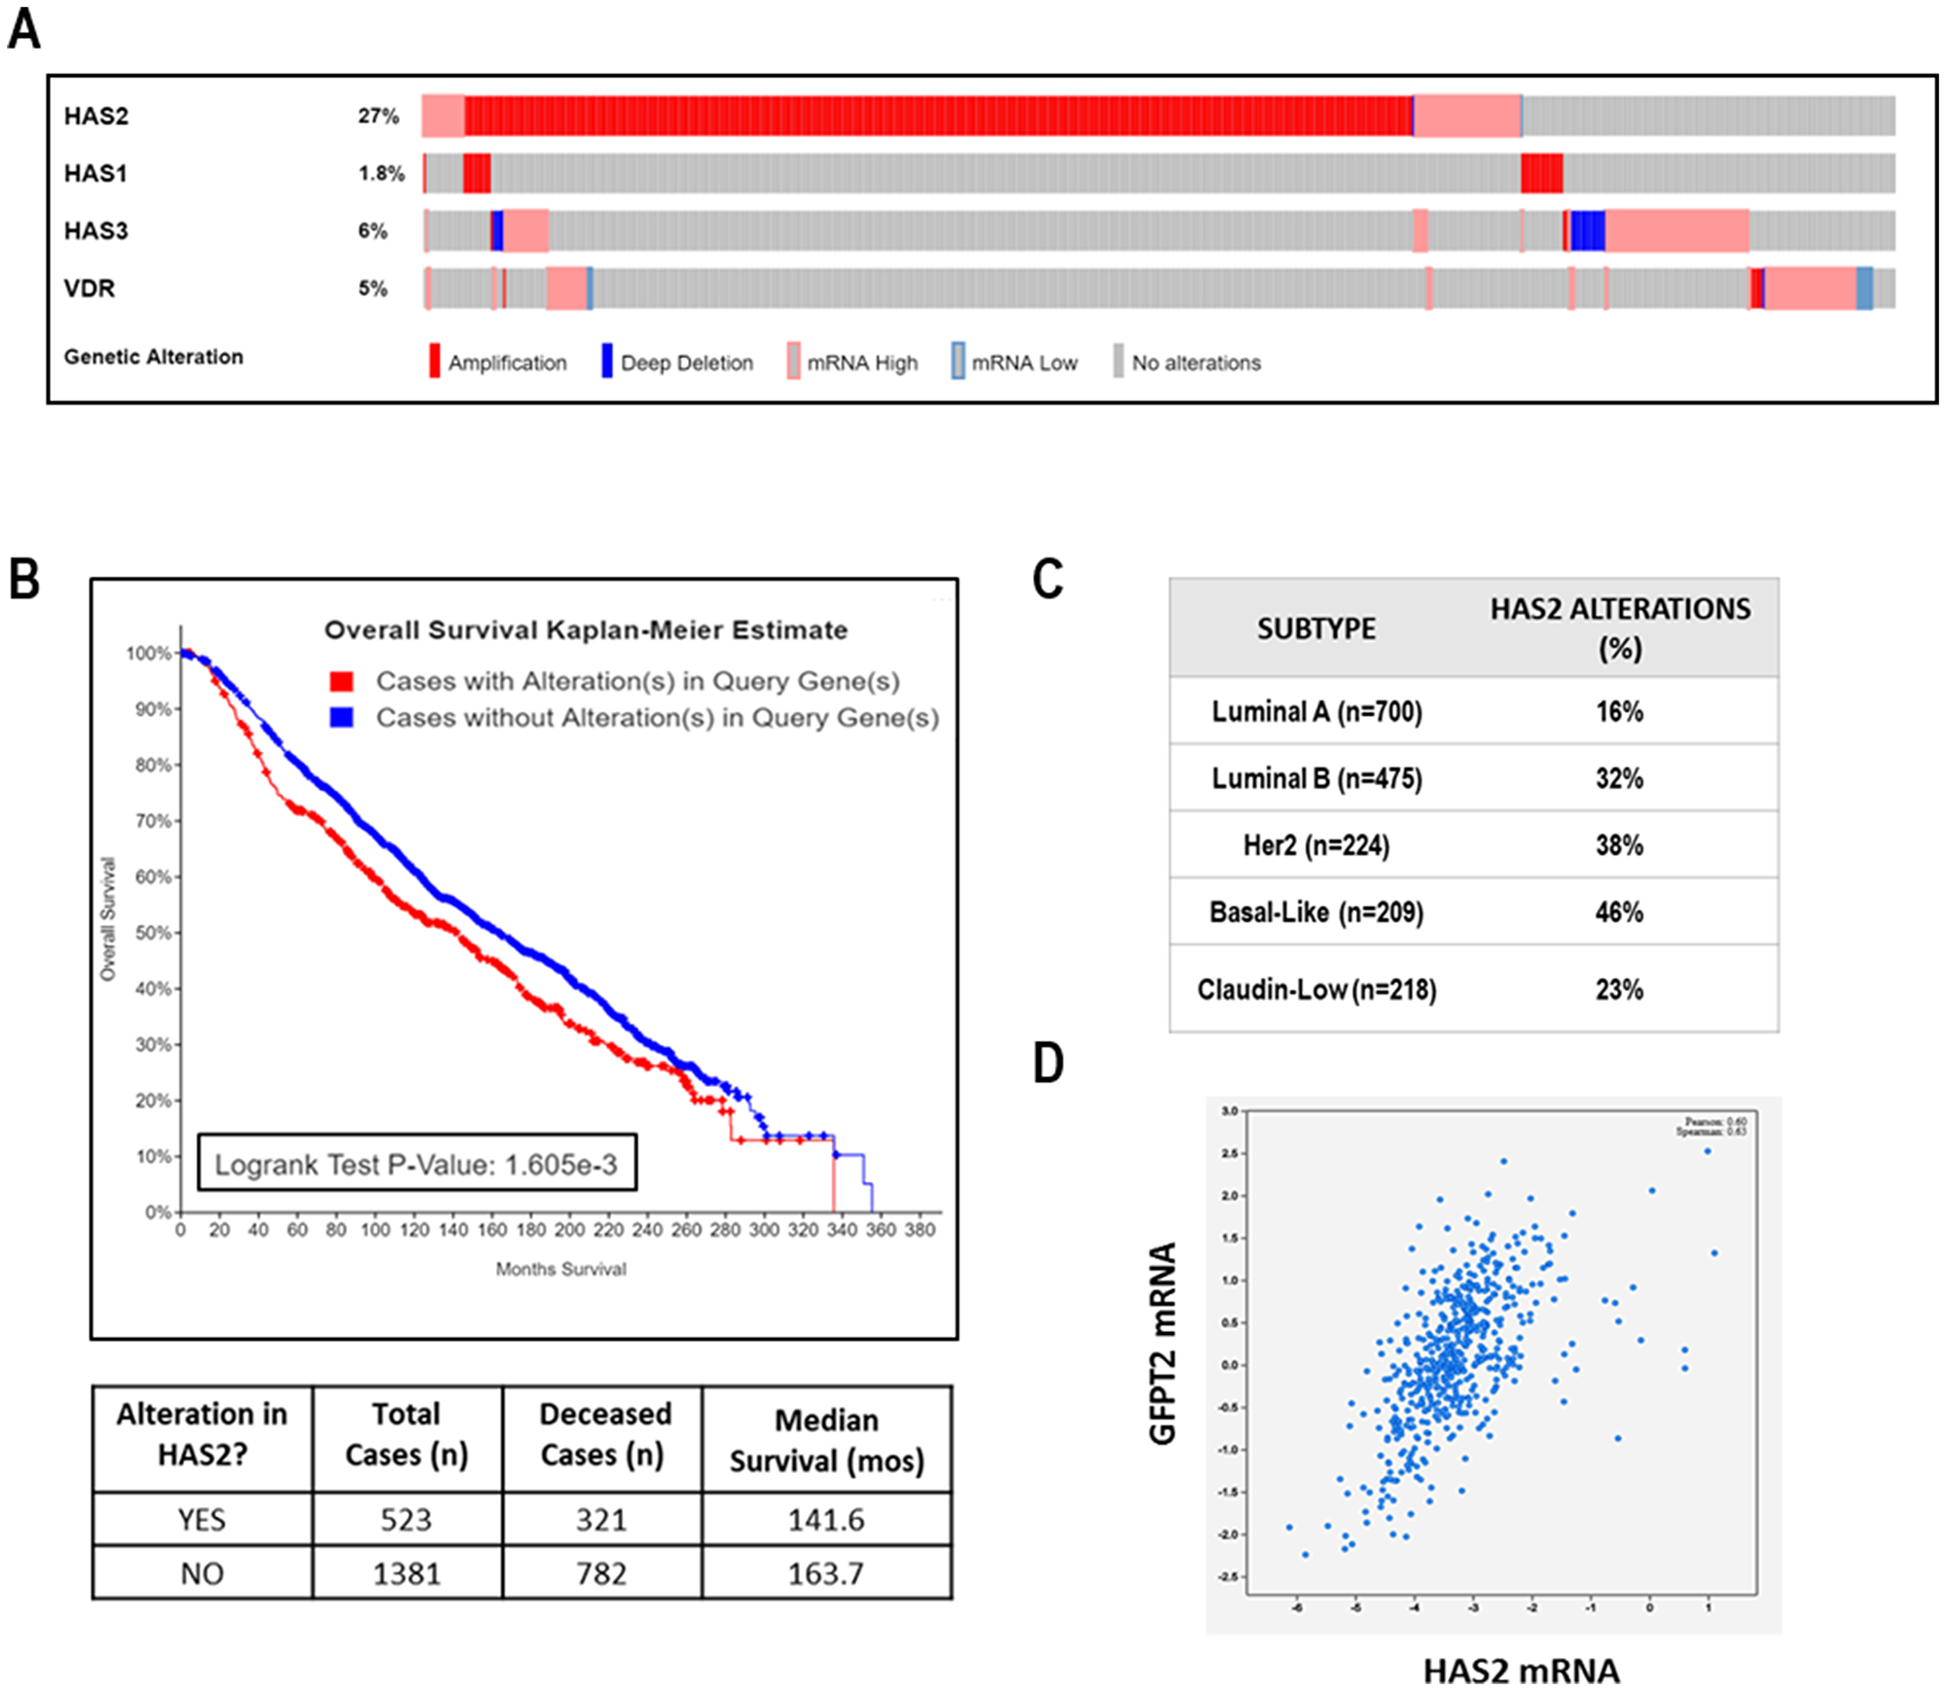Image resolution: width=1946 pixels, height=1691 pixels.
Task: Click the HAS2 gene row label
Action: pos(95,117)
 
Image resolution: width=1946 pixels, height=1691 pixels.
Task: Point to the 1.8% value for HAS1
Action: pos(380,174)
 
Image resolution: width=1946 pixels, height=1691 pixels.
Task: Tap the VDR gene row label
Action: pos(89,289)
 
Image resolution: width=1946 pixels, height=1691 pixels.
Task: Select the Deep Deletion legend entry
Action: pos(676,363)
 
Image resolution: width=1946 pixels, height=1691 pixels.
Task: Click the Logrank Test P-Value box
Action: pos(417,1164)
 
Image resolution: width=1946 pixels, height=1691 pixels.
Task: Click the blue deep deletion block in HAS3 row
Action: pos(1587,232)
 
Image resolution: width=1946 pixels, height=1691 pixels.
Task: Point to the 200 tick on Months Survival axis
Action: pos(569,1230)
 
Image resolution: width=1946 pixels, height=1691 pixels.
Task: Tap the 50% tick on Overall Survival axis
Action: pos(153,933)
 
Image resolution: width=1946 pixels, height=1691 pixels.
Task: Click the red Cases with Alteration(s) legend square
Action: pos(342,681)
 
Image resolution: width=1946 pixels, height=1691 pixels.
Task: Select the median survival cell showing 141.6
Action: pos(825,1520)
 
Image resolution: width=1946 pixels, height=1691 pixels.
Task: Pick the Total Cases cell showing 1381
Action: pos(407,1573)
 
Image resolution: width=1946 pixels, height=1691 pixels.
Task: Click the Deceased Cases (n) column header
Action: pos(603,1434)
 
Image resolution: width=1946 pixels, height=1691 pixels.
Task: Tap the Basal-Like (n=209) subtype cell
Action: pos(1315,913)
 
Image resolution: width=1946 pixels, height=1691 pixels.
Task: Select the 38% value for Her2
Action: pos(1619,845)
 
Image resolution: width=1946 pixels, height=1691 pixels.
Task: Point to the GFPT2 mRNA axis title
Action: pos(1164,1343)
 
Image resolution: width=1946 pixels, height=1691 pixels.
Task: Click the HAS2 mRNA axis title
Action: pos(1521,1671)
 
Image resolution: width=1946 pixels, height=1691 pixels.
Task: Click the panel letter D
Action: pos(1048,1063)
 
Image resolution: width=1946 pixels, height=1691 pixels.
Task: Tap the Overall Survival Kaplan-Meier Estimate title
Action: pos(586,630)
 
